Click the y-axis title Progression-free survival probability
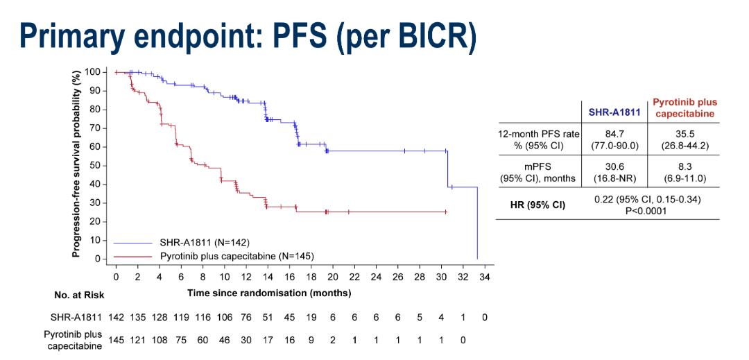(78, 164)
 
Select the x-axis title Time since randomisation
(269, 293)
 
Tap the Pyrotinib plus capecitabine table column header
(683, 108)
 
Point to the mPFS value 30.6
(613, 166)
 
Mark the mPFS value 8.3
(683, 166)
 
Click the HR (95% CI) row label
(537, 205)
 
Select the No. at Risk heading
(79, 295)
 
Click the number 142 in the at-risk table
(116, 316)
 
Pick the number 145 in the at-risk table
(116, 340)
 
